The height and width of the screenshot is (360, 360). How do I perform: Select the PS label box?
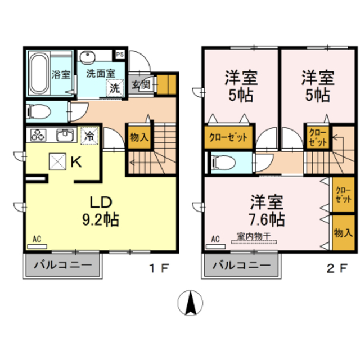click(x=120, y=55)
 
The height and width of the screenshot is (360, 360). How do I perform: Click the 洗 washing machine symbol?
click(x=114, y=88)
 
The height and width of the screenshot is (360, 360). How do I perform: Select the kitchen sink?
click(x=65, y=136)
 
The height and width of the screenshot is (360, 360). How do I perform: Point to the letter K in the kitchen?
click(x=76, y=162)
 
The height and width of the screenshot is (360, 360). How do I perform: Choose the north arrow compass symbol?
click(x=190, y=304)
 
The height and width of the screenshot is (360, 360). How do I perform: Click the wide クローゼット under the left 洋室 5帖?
click(x=228, y=137)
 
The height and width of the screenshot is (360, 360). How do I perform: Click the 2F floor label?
click(x=336, y=268)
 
